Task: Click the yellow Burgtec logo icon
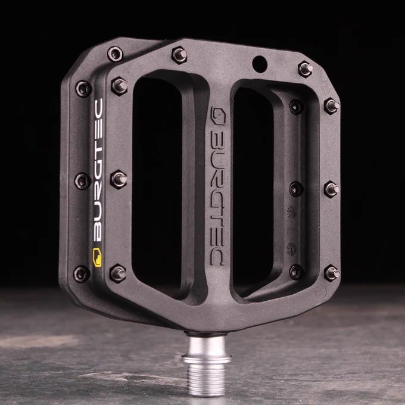pyautogui.click(x=97, y=257)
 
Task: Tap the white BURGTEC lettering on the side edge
pyautogui.click(x=98, y=170)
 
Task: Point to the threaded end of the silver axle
pyautogui.click(x=206, y=379)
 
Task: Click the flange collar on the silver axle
pyautogui.click(x=207, y=359)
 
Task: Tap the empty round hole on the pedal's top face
pyautogui.click(x=260, y=64)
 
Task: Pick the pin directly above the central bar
pyautogui.click(x=180, y=55)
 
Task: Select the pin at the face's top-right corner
pyautogui.click(x=306, y=69)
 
